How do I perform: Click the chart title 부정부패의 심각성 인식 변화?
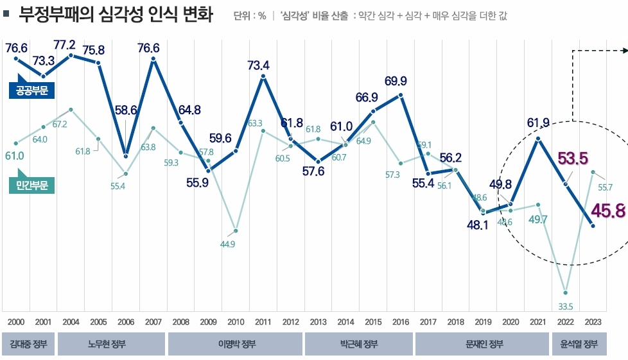coord(116,15)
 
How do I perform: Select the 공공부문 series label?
coord(31,90)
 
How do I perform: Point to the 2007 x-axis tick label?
coord(153,321)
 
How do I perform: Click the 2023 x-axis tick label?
coord(593,321)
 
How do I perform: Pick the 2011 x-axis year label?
coord(263,321)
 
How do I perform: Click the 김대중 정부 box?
coord(28,345)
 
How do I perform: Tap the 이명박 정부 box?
coord(235,345)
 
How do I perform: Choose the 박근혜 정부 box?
coord(358,345)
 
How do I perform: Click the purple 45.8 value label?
coord(608,210)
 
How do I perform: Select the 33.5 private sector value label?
coord(566,307)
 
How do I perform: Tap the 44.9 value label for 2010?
coord(227,244)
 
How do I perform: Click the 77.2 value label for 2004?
coord(65,44)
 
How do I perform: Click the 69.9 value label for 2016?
coord(396,81)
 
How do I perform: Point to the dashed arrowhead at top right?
coord(624,49)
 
